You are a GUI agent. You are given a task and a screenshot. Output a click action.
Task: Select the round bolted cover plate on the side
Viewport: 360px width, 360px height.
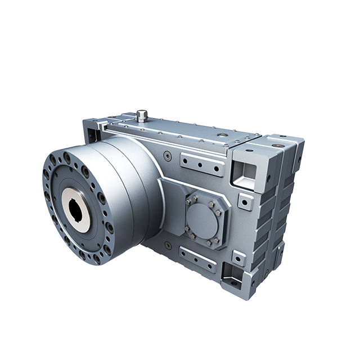click(203, 219)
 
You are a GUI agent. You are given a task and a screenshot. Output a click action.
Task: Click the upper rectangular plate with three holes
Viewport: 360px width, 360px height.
click(200, 164)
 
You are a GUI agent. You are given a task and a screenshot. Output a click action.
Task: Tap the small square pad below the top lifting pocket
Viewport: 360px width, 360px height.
click(245, 201)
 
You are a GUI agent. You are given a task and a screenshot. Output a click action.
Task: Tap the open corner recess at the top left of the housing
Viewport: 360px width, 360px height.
click(90, 133)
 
